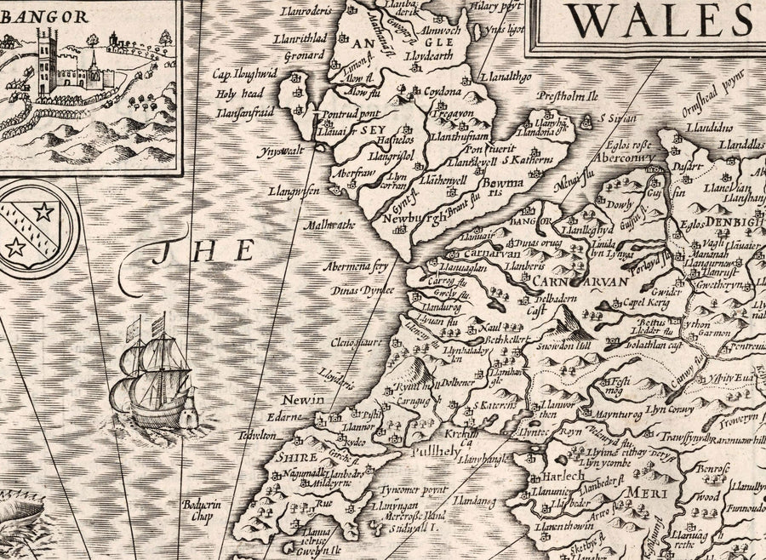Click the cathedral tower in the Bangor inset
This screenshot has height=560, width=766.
pos(47,64)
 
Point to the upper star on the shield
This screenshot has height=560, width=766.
pos(43,210)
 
